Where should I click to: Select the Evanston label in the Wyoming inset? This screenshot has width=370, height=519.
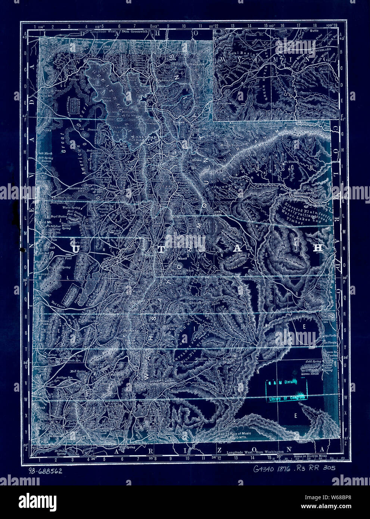[x=227, y=103]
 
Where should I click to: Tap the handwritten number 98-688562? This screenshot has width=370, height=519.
[x=44, y=471]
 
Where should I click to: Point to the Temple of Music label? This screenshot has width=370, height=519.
[x=234, y=433]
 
